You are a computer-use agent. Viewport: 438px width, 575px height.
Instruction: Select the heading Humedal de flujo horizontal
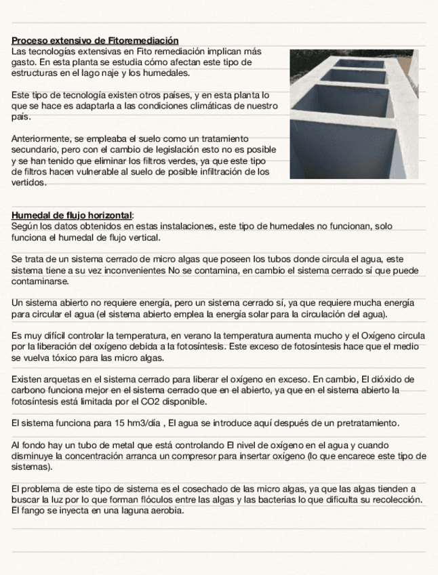[x=73, y=216]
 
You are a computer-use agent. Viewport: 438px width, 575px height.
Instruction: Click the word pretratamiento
[x=365, y=423]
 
